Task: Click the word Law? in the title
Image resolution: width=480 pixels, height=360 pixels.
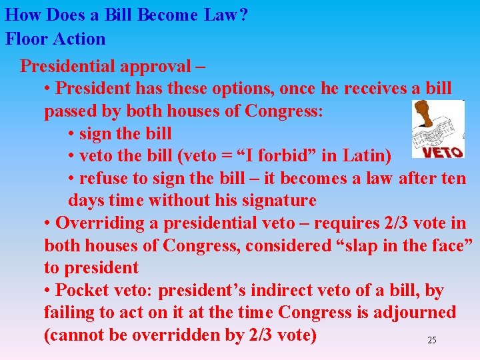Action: click(223, 15)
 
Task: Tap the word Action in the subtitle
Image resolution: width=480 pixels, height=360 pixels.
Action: click(81, 39)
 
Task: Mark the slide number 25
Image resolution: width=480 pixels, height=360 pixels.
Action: click(431, 340)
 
